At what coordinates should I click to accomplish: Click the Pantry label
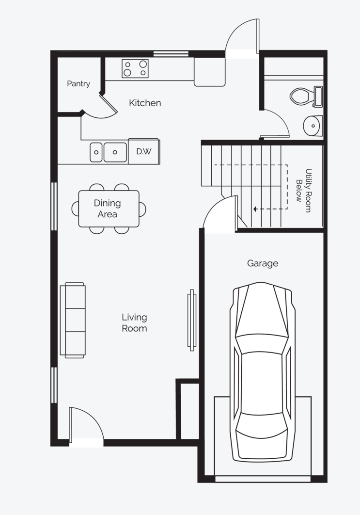[x=78, y=84]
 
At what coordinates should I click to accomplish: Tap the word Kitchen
[x=145, y=103]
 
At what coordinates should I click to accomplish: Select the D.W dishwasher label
[x=144, y=151]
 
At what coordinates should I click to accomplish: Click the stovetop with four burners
[x=135, y=68]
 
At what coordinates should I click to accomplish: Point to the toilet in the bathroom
[x=306, y=96]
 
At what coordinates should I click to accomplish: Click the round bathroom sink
[x=313, y=126]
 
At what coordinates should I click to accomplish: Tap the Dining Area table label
[x=107, y=209]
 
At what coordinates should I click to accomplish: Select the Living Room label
[x=134, y=322]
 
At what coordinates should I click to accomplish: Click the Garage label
[x=263, y=263]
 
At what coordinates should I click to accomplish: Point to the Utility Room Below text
[x=304, y=191]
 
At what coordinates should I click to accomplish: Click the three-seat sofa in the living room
[x=73, y=320]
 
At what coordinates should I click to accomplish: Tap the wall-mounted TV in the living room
[x=192, y=320]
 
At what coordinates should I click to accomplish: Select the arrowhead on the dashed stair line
[x=255, y=209]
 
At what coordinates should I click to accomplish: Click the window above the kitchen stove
[x=171, y=53]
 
